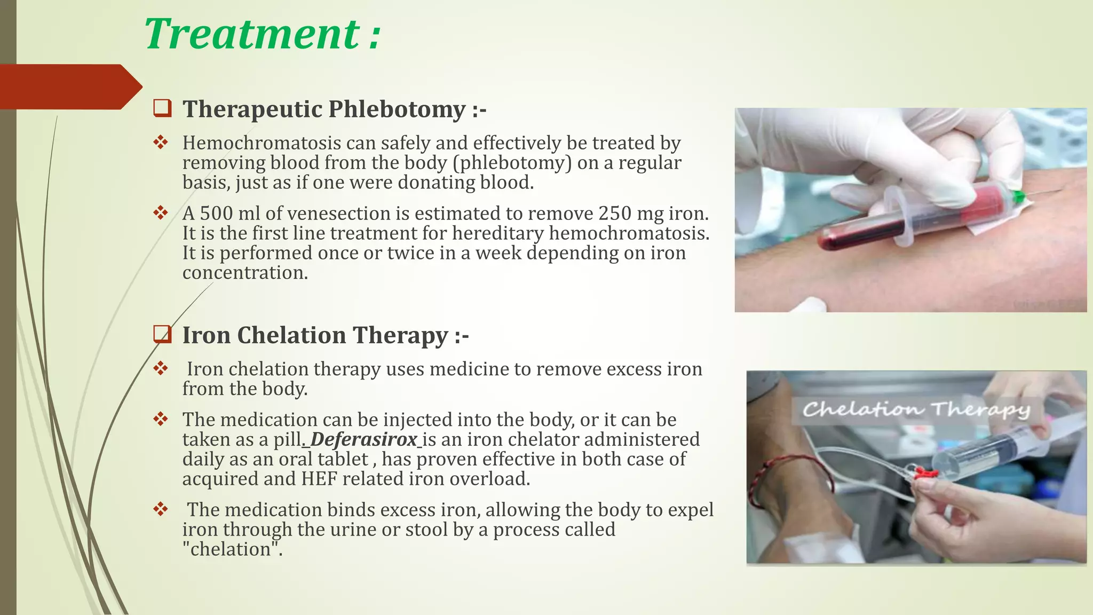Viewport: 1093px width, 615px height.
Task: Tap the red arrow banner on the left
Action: tap(69, 87)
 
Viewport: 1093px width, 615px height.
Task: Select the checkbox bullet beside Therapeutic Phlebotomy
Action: tap(162, 108)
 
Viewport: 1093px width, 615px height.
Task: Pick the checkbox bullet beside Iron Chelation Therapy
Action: tap(162, 334)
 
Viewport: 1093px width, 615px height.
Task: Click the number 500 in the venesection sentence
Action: tap(218, 214)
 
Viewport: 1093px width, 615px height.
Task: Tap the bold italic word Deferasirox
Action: tap(363, 439)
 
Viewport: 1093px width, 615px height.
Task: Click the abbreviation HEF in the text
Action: tap(319, 479)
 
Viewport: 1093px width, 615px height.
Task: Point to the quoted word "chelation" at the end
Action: tap(232, 549)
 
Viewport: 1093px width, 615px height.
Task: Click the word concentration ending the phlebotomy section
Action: tap(244, 273)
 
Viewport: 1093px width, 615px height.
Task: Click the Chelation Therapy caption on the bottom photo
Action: tap(916, 410)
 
